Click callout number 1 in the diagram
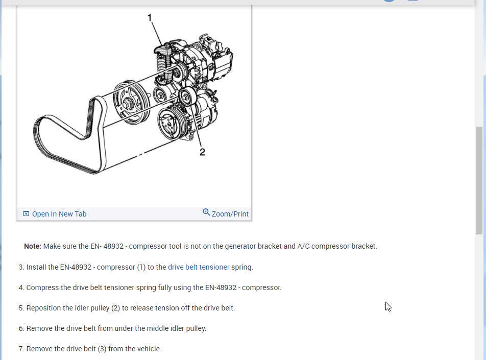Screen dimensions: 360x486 pyautogui.click(x=150, y=18)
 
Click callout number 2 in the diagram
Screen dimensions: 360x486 pyautogui.click(x=202, y=152)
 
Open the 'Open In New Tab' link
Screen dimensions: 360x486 pyautogui.click(x=59, y=214)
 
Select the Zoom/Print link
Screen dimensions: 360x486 pyautogui.click(x=230, y=214)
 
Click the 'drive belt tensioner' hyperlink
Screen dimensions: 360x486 pyautogui.click(x=199, y=267)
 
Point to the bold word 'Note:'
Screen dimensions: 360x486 pyautogui.click(x=33, y=246)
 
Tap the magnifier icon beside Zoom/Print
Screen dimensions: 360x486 pyautogui.click(x=206, y=212)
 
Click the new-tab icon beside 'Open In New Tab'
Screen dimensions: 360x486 pyautogui.click(x=26, y=214)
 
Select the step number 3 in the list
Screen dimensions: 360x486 pyautogui.click(x=21, y=267)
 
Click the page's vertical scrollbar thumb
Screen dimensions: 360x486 pyautogui.click(x=480, y=179)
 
